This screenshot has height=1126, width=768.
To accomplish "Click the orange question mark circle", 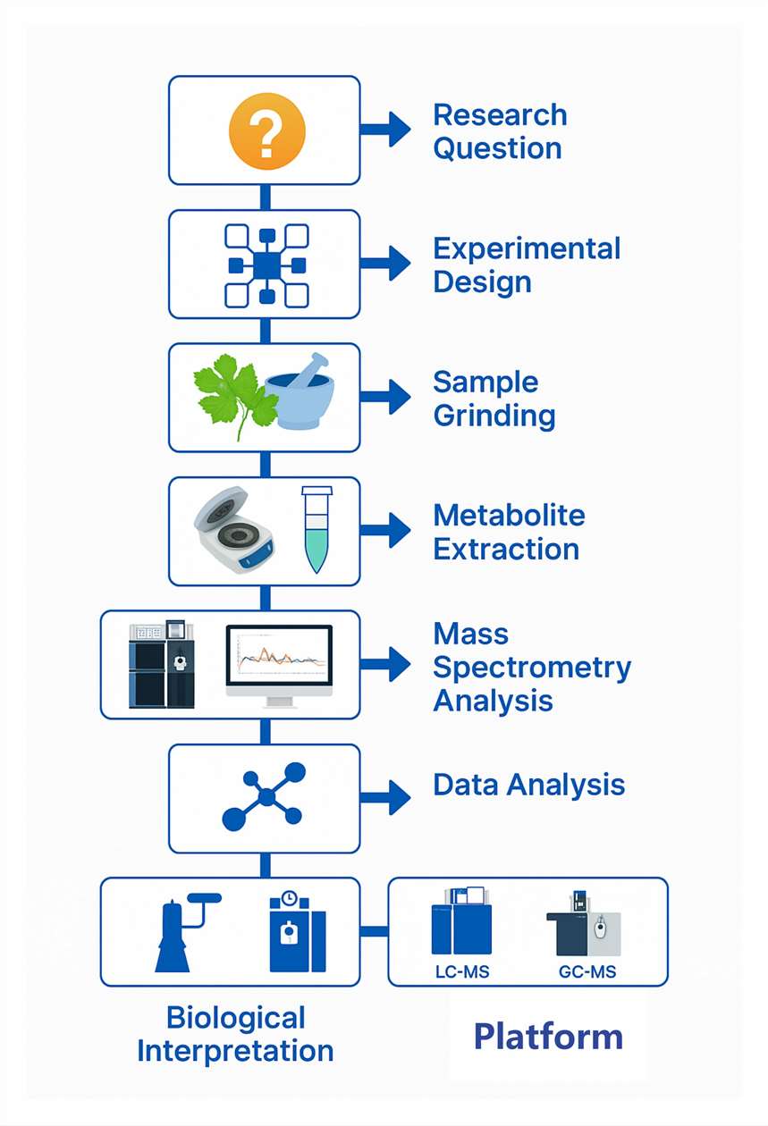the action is coord(267,130).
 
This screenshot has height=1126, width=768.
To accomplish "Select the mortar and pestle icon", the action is coord(300,392).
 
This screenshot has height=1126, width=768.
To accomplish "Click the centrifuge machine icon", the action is coord(233,529).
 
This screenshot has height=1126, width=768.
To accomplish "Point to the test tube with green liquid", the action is coord(316,529).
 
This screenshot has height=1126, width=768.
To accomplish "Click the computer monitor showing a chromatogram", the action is coord(279,666).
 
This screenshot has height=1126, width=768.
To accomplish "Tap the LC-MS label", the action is coord(462,971).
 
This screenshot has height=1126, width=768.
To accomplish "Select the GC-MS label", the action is coord(587,971).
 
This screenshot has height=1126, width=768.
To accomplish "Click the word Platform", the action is coord(549,1037).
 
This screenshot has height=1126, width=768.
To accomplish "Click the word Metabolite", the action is coord(509,516).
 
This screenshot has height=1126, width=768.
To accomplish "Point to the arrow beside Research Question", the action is coord(385,130).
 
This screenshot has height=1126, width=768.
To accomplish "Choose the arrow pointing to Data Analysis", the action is coord(385,797).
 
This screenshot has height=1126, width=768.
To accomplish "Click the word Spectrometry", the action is coord(532,668).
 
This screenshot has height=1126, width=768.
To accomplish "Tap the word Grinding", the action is coord(494,416).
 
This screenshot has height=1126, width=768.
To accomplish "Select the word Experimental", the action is coord(527,248).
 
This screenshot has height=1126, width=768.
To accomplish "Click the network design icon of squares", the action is coord(266,265).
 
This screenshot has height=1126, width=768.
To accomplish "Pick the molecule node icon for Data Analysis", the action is coord(264,796).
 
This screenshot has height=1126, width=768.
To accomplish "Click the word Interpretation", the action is coord(235,1051).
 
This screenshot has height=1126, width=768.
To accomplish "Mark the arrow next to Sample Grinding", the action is coord(385,397).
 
